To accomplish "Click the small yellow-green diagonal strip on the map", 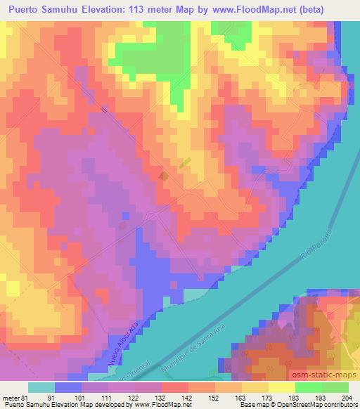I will point(185,162).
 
